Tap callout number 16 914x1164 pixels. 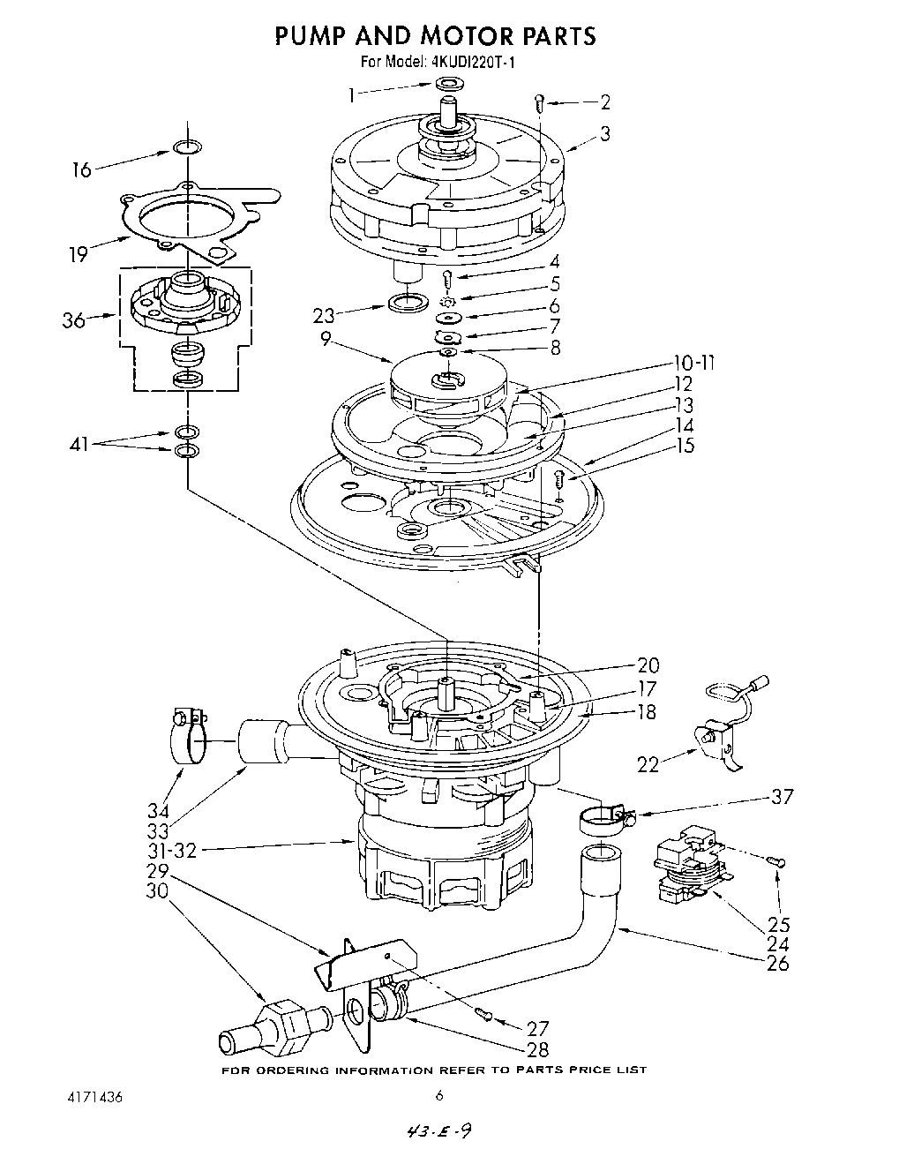tap(81, 169)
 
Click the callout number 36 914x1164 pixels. tap(74, 319)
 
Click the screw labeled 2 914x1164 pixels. tap(539, 102)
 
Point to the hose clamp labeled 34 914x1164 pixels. tap(188, 734)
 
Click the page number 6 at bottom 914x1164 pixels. tap(438, 1097)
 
